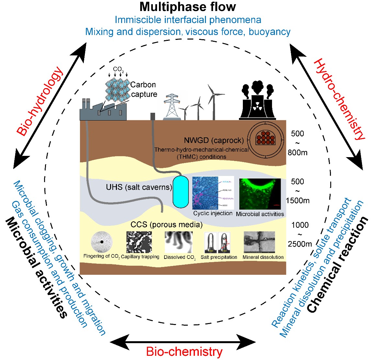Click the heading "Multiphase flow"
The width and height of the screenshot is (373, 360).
[x=188, y=6]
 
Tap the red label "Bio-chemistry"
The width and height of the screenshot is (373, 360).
[x=184, y=352]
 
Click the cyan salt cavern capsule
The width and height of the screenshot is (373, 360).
[x=180, y=192]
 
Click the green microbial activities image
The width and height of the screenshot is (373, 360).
[x=260, y=194]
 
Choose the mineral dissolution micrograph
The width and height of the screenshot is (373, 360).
[x=259, y=242]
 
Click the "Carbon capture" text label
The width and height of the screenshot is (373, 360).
[x=143, y=89]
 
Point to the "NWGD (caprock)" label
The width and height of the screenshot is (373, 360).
[x=214, y=140]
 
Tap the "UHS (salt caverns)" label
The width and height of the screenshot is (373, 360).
[x=139, y=187]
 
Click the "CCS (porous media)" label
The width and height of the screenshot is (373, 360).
[x=166, y=224]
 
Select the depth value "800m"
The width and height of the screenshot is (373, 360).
[x=297, y=152]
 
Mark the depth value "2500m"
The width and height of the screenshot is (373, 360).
[x=300, y=244]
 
